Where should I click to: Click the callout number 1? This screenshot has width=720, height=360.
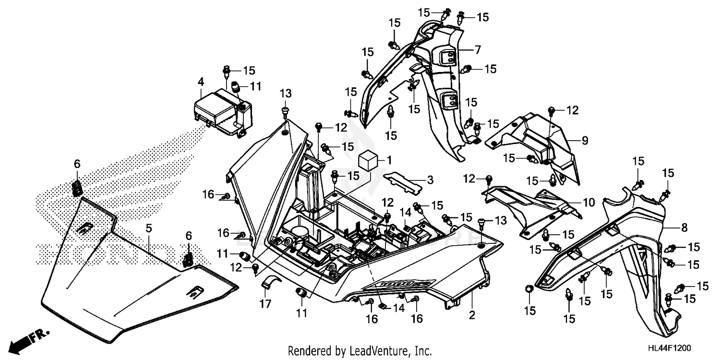click(389, 159)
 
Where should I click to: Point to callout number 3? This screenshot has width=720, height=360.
click(430, 180)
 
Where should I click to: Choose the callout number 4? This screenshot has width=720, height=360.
click(201, 82)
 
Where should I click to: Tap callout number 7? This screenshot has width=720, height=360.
click(478, 49)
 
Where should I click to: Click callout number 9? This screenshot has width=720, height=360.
click(585, 141)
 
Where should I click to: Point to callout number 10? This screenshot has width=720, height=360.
click(589, 202)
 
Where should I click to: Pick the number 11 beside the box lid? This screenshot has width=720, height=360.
click(255, 86)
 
